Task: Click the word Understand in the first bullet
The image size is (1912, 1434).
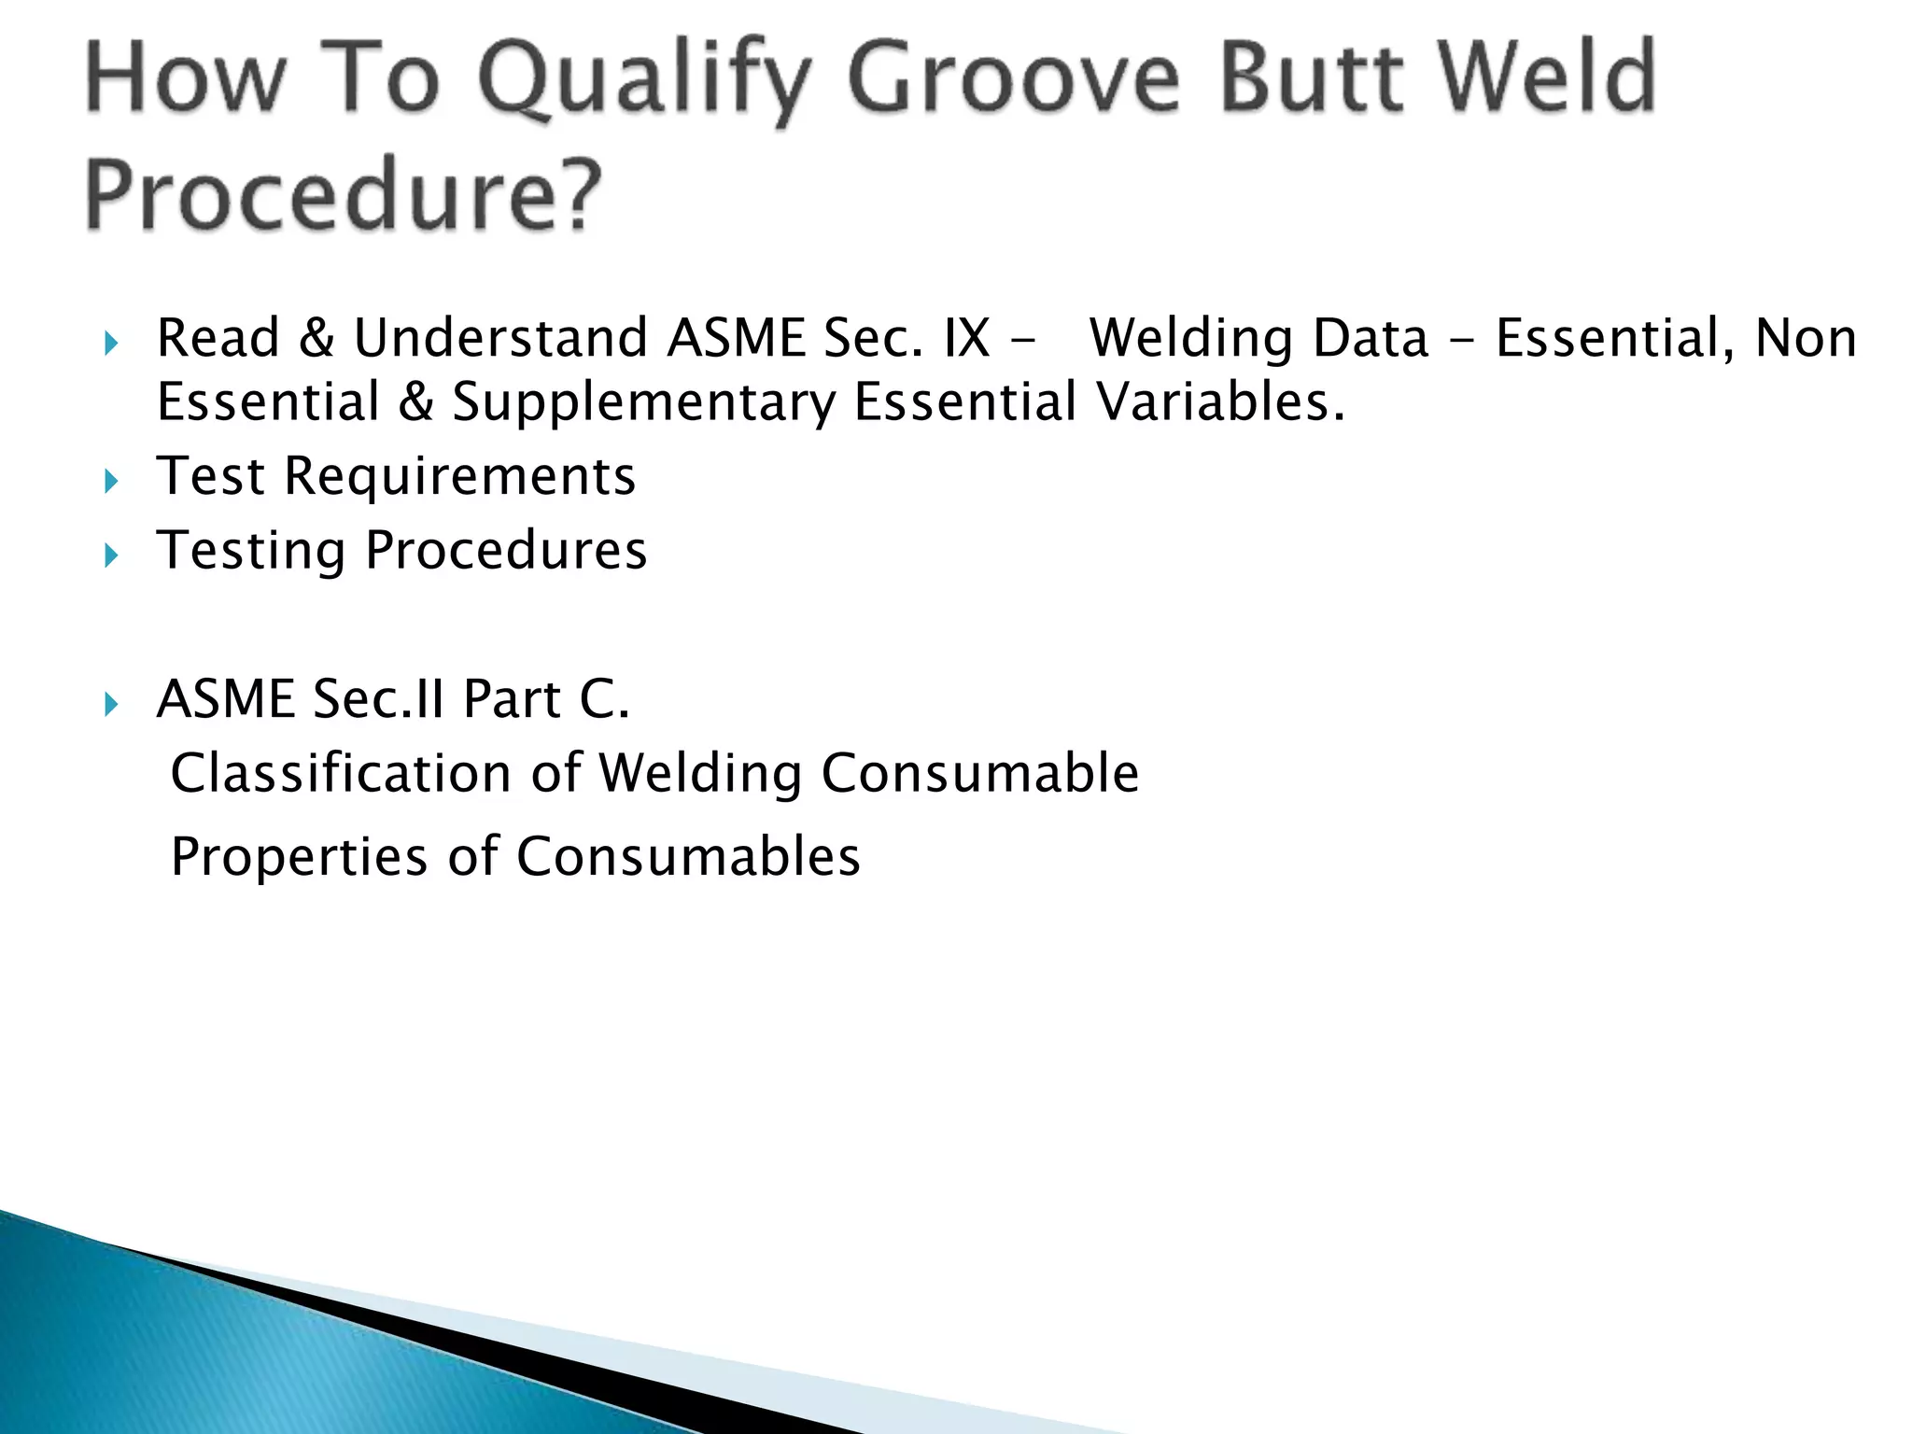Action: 500,338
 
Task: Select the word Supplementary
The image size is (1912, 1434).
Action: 644,403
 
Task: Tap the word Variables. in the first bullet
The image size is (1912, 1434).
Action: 1220,401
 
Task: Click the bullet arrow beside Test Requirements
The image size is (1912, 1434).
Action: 112,482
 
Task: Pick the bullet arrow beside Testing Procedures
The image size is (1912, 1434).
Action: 112,556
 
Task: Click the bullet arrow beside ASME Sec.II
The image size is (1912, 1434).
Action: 112,704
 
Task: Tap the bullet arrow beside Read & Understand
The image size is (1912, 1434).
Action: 112,344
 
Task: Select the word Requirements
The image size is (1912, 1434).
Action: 459,476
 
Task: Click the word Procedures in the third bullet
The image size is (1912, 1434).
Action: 506,551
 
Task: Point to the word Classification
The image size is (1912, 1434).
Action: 342,773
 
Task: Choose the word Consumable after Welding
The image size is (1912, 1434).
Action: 980,773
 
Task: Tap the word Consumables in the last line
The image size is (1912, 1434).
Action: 688,857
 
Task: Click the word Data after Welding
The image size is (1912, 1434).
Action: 1371,338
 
